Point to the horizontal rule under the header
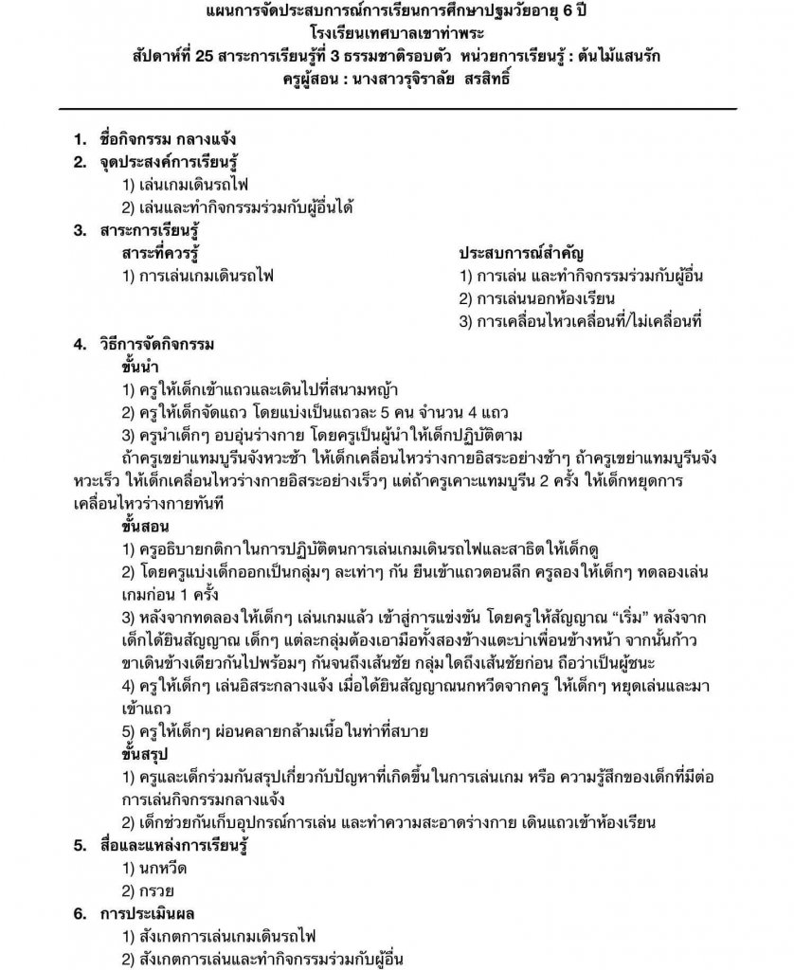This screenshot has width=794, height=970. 397,109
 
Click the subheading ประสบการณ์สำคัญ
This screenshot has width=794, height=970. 521,253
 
